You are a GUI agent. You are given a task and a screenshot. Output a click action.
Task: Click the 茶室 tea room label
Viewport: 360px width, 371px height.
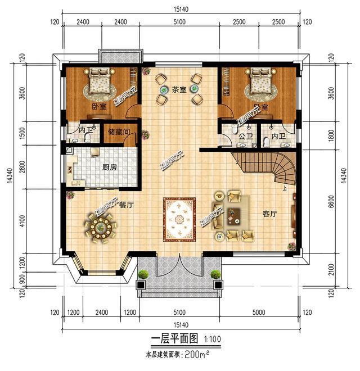click(179, 89)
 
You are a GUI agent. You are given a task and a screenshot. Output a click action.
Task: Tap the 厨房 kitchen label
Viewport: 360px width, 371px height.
click(109, 168)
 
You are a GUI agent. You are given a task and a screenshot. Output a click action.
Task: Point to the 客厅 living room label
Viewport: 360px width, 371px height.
click(270, 214)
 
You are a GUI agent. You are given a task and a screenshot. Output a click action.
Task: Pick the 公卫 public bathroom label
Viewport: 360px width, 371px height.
click(246, 137)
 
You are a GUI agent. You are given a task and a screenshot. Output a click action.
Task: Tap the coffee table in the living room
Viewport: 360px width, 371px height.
click(232, 215)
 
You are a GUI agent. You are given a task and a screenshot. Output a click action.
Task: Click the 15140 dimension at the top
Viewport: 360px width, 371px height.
click(181, 9)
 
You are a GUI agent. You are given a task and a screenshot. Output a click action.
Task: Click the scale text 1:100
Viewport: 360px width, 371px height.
click(212, 339)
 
